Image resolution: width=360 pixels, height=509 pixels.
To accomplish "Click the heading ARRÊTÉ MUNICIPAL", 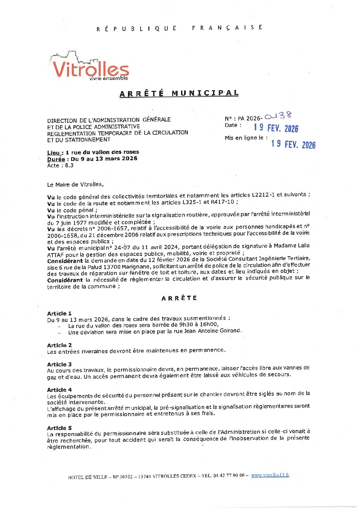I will [x=179, y=93].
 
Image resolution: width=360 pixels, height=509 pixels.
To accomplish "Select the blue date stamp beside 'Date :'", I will [x=276, y=128].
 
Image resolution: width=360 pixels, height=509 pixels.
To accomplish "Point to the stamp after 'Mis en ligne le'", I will [x=293, y=144].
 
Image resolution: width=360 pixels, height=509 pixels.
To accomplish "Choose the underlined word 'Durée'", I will [x=56, y=159].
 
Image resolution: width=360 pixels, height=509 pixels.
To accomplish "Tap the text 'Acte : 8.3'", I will [x=60, y=166].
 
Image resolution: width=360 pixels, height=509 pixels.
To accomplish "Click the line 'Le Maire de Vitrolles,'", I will [x=75, y=184].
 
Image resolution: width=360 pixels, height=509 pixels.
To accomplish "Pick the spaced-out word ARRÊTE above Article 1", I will [x=179, y=298].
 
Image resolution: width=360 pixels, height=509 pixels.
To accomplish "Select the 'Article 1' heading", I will [x=59, y=313].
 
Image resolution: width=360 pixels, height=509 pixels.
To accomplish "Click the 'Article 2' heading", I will [x=59, y=345].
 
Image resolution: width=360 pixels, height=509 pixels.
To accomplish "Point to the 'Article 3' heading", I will [x=59, y=364].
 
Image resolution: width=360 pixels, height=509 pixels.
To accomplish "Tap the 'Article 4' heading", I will [x=59, y=390].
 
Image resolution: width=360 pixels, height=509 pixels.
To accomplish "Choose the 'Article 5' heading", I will [x=59, y=428].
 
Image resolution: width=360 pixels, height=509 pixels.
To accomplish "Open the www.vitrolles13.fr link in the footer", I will [x=270, y=475].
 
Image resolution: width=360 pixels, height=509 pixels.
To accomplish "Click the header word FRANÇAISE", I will [x=227, y=28].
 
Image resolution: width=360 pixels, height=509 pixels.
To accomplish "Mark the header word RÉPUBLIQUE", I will [x=136, y=29].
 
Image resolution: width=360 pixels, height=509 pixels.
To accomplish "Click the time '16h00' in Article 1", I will [x=210, y=324].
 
